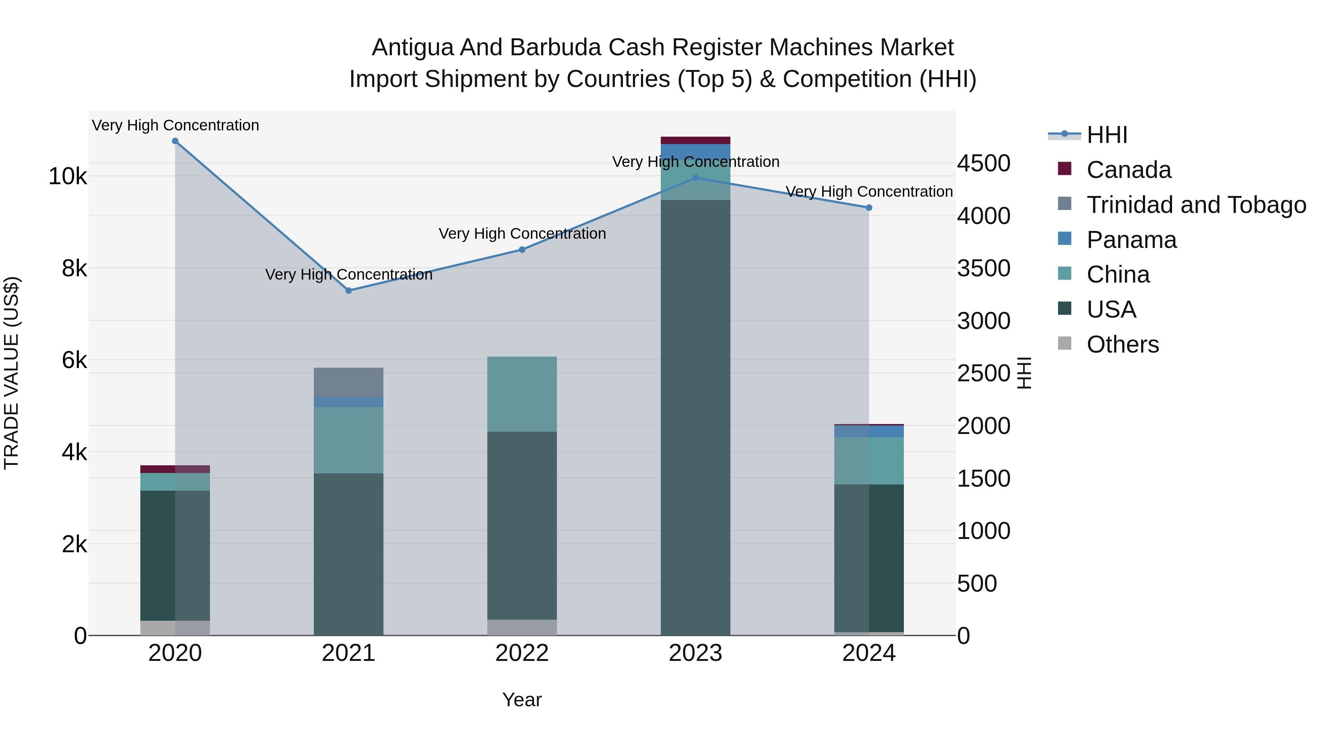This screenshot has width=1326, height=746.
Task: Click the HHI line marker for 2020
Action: [175, 141]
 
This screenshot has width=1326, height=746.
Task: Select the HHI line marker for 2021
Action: [348, 290]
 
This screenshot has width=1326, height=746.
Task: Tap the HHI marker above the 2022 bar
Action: [522, 250]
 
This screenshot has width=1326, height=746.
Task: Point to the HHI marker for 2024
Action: [869, 207]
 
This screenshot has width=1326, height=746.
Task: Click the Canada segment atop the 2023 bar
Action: [695, 141]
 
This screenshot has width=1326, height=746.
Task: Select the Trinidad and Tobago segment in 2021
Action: [348, 382]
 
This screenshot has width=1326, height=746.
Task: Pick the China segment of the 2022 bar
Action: [522, 394]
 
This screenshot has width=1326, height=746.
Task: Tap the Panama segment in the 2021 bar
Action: [348, 402]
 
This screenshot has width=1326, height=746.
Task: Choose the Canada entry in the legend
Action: [1128, 170]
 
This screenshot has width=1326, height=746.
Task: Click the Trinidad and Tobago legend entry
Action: [1196, 205]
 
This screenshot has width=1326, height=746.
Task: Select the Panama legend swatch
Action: [1064, 239]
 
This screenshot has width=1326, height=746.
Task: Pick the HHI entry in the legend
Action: [1107, 135]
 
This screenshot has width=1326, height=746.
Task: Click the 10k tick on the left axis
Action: [67, 176]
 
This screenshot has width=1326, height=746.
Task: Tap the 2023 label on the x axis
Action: [695, 653]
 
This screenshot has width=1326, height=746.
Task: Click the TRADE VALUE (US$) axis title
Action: [11, 373]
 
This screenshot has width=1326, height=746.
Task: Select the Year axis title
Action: [522, 700]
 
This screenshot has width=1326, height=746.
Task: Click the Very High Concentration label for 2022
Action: [522, 234]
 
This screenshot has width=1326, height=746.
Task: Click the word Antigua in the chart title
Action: [412, 48]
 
